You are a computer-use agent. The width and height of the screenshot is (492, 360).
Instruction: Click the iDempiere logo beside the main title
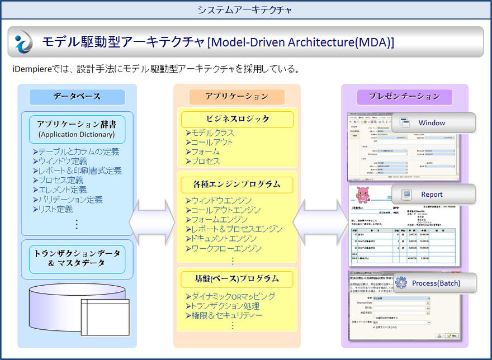coord(25,41)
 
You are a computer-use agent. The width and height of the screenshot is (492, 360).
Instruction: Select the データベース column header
coord(77,97)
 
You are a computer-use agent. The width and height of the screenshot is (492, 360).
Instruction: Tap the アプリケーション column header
coord(236,97)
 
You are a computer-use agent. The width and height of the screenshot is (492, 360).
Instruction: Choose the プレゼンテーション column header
coord(405,97)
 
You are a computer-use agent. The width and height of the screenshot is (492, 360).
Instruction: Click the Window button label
coord(432,122)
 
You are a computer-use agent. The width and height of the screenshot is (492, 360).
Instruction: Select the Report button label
coord(432,194)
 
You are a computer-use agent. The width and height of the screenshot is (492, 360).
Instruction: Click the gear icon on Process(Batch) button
coord(401,283)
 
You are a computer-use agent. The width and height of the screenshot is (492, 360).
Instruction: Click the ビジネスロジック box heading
coord(238,119)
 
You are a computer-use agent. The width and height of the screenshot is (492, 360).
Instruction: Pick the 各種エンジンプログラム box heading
coord(237,184)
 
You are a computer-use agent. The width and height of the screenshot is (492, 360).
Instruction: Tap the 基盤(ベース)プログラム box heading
coord(237,278)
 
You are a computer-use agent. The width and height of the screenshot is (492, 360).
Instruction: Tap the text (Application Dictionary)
coord(77,134)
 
